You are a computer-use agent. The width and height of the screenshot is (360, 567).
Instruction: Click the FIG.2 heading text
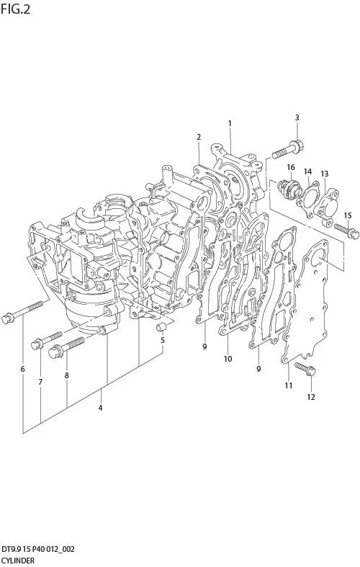tap(15, 9)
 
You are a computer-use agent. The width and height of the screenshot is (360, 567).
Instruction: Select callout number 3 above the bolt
tap(297, 117)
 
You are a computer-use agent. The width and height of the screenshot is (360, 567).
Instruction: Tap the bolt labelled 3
tap(288, 151)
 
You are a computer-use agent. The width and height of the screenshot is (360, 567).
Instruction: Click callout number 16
tap(291, 167)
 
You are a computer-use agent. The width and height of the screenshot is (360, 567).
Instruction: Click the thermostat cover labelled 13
tap(326, 207)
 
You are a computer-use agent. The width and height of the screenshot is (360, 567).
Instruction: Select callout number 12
tap(311, 397)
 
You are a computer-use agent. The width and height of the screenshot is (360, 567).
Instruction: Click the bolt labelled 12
tap(305, 369)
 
